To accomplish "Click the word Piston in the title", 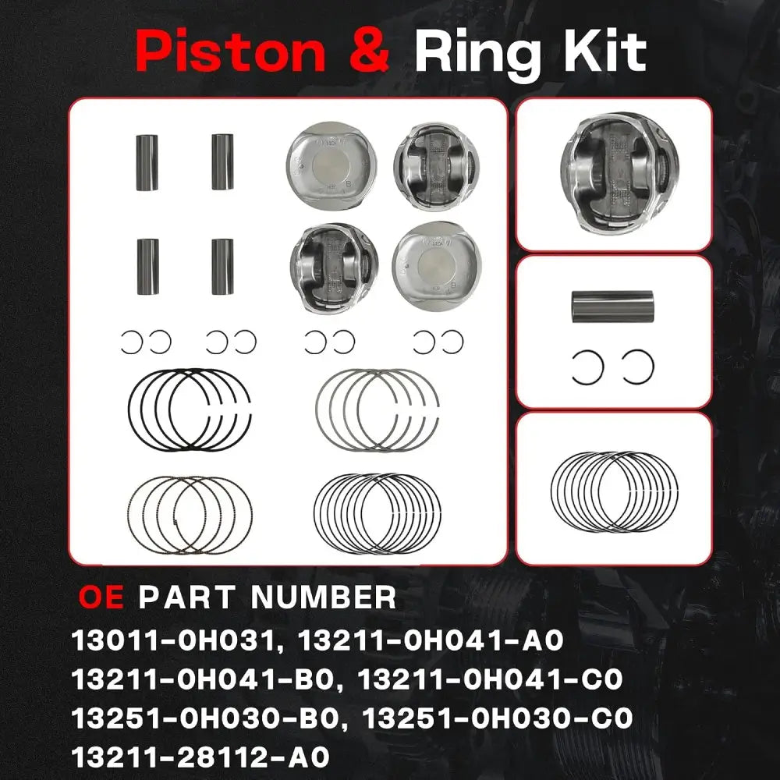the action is pos(230,51).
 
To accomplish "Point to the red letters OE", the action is pos(101,597).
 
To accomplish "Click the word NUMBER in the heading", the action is pos(324,597).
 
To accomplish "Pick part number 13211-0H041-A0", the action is pos(431,640).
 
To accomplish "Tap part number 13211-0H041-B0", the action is pos(202,679).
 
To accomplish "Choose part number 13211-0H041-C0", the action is pos(490,679).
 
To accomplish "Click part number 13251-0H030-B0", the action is pos(205,718).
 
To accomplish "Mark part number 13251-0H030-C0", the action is pos(498,718).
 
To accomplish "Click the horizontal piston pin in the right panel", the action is pos(612,307).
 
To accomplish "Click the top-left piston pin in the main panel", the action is pos(147,163).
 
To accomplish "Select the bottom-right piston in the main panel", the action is pos(437,267).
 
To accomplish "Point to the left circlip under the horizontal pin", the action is pos(588,367).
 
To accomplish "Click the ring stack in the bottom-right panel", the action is pos(615,492).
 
